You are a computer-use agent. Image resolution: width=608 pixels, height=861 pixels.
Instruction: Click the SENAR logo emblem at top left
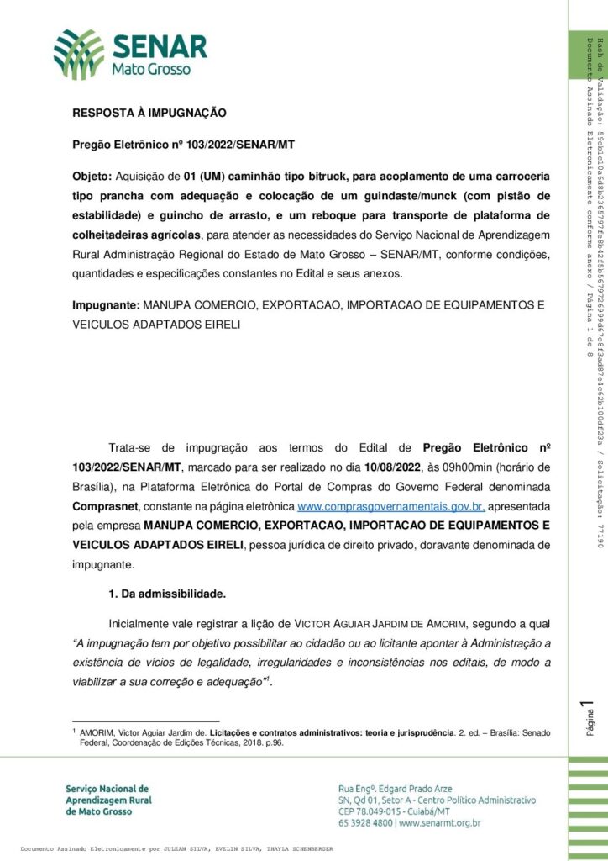[x=79, y=54]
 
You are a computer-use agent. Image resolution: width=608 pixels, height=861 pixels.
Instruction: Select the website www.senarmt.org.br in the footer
[x=441, y=824]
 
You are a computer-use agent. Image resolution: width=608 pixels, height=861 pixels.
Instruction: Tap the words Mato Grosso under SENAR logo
[x=151, y=69]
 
